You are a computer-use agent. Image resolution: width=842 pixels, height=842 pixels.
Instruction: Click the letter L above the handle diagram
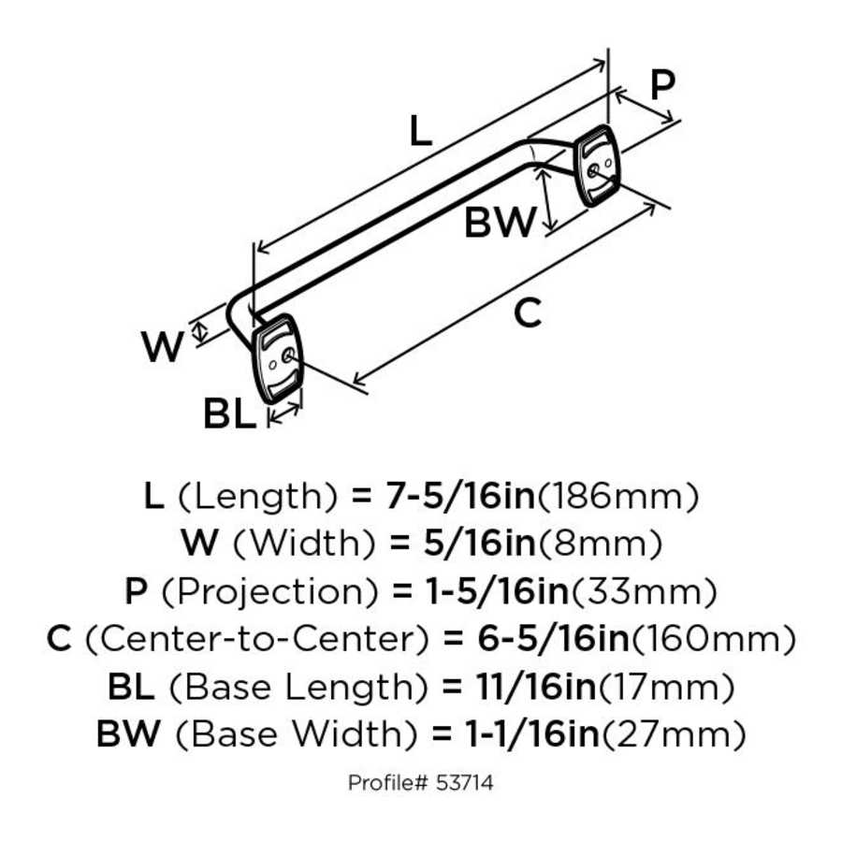click(421, 133)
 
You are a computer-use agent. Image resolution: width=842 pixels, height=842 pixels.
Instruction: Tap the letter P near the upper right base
click(661, 86)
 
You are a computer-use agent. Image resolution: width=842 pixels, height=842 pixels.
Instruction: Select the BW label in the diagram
click(501, 223)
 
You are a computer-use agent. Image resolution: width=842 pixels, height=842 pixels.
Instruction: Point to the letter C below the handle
click(529, 313)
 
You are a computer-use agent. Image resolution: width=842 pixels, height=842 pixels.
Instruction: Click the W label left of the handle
click(163, 348)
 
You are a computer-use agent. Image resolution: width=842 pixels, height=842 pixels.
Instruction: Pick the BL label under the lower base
click(229, 414)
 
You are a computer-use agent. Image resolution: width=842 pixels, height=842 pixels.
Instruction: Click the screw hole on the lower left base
click(286, 356)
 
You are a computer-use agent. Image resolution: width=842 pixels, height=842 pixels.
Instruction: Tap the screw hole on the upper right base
click(596, 169)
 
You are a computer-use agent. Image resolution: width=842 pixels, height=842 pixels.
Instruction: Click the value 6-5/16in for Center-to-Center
click(535, 640)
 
